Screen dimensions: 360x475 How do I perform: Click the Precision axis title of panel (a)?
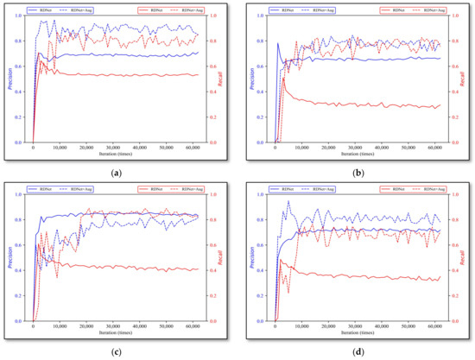pyautogui.click(x=10, y=79)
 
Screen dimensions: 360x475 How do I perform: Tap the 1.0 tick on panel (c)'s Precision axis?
pyautogui.click(x=21, y=194)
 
